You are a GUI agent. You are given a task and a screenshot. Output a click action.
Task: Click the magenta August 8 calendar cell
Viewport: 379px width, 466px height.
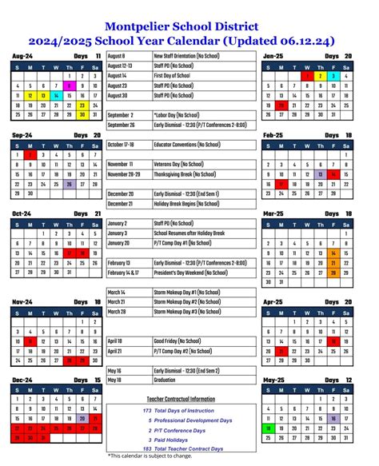pos(70,86)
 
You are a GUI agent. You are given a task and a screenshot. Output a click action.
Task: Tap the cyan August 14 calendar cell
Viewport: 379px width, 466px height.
pos(57,95)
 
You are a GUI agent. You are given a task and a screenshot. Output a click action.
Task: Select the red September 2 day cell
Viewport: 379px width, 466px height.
pos(30,153)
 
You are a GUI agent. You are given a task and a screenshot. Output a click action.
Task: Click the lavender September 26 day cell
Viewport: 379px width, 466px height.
pos(70,183)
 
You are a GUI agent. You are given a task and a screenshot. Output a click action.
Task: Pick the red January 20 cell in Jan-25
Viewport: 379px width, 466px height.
pos(281,106)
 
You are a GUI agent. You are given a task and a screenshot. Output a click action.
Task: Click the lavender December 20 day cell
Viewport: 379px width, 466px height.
pos(82,418)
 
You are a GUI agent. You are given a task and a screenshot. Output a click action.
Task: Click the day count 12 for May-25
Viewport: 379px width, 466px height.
pos(348,379)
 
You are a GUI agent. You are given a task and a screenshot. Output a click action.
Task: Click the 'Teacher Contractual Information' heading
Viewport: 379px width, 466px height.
pos(182,398)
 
